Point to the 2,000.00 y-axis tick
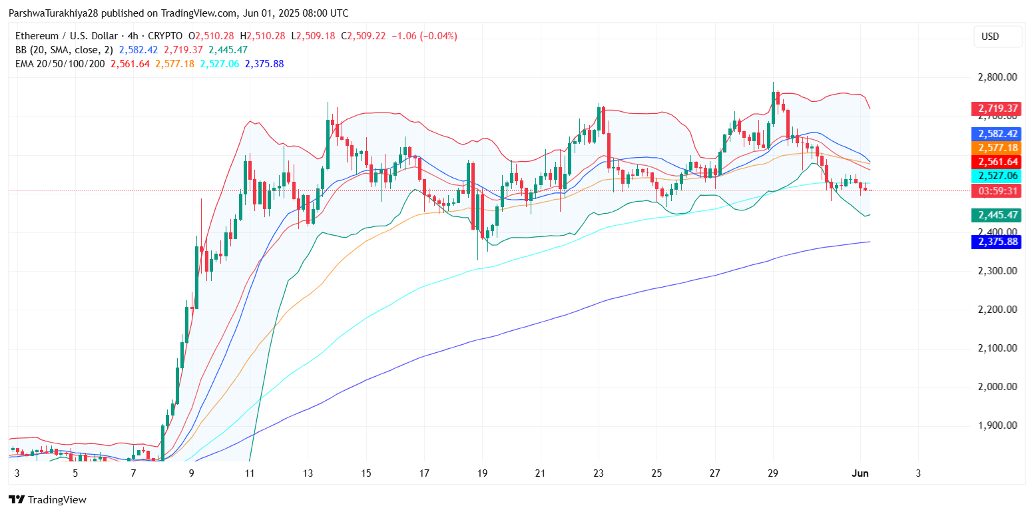click(x=997, y=387)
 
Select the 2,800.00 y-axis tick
click(x=997, y=77)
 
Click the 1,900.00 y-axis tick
click(x=997, y=425)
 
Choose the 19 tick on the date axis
click(x=482, y=473)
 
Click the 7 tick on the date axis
click(x=134, y=473)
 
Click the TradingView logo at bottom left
click(x=47, y=499)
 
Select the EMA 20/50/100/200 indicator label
click(x=60, y=64)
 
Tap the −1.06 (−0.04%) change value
click(x=425, y=36)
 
